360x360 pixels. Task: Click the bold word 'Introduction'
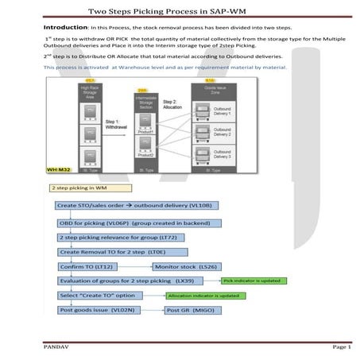[64, 27]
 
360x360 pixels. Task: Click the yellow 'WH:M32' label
[60, 170]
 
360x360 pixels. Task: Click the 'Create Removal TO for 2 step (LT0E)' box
[114, 252]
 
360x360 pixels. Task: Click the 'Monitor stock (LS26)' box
[184, 266]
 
